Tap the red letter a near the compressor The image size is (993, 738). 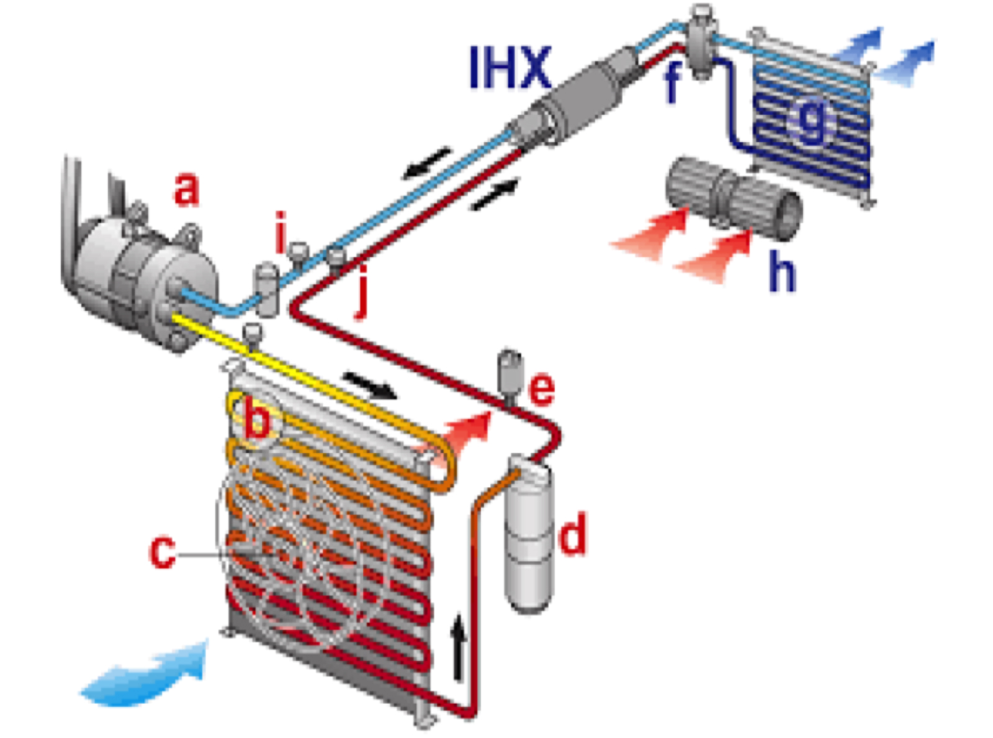(x=186, y=190)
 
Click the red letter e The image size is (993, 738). (x=541, y=390)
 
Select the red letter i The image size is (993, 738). (x=281, y=233)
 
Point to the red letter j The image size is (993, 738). (x=362, y=298)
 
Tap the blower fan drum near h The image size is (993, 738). (x=732, y=195)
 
